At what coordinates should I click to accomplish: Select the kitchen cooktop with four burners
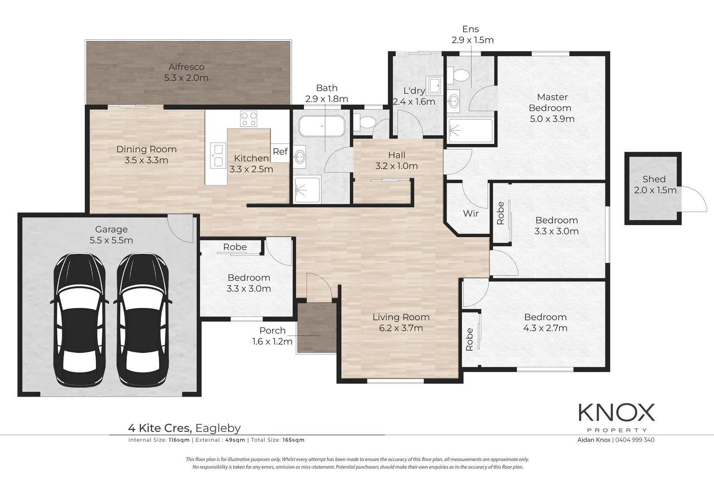click(248, 119)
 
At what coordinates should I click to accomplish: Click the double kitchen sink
click(217, 155)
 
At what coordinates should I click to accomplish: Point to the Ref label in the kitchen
click(280, 151)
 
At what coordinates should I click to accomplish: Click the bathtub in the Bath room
click(322, 126)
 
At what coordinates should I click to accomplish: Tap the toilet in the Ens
click(458, 75)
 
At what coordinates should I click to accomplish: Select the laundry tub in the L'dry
click(434, 85)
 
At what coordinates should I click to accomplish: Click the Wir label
click(470, 213)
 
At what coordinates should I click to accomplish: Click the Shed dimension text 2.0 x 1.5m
click(655, 190)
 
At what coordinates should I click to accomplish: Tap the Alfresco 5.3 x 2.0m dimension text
click(186, 78)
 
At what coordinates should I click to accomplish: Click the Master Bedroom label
click(551, 102)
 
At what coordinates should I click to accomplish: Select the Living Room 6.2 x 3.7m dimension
click(401, 328)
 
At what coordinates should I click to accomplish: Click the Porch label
click(272, 330)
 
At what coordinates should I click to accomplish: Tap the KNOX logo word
click(616, 413)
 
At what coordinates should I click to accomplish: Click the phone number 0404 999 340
click(635, 440)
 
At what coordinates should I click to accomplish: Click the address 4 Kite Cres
click(159, 428)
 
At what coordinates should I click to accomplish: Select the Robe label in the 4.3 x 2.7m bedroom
click(470, 339)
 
